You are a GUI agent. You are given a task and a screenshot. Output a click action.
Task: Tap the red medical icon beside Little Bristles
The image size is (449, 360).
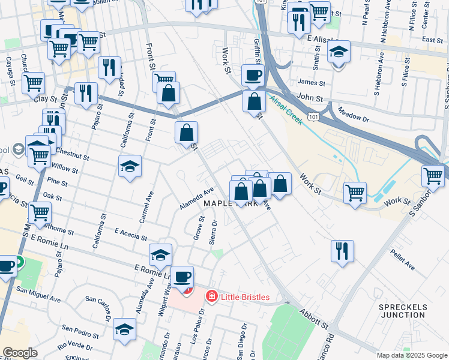click(211, 296)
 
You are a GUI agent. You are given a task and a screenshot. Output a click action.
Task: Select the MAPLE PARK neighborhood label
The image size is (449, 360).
click(231, 203)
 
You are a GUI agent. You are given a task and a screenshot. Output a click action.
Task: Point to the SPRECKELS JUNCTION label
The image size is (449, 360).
click(403, 311)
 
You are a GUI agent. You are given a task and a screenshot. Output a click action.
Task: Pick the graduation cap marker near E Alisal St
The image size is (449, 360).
click(339, 52)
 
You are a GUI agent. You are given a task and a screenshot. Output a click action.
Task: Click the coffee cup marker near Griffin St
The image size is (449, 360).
click(253, 76)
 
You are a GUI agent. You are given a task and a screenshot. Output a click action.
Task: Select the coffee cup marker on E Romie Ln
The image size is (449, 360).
click(182, 277)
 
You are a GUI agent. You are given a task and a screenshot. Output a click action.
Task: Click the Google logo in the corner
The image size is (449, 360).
click(20, 353)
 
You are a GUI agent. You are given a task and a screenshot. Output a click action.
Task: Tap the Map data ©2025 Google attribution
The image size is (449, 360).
click(411, 355)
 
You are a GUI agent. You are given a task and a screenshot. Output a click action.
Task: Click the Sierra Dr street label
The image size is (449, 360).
click(213, 231)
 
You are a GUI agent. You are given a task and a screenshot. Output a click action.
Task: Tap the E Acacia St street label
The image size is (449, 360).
click(127, 233)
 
